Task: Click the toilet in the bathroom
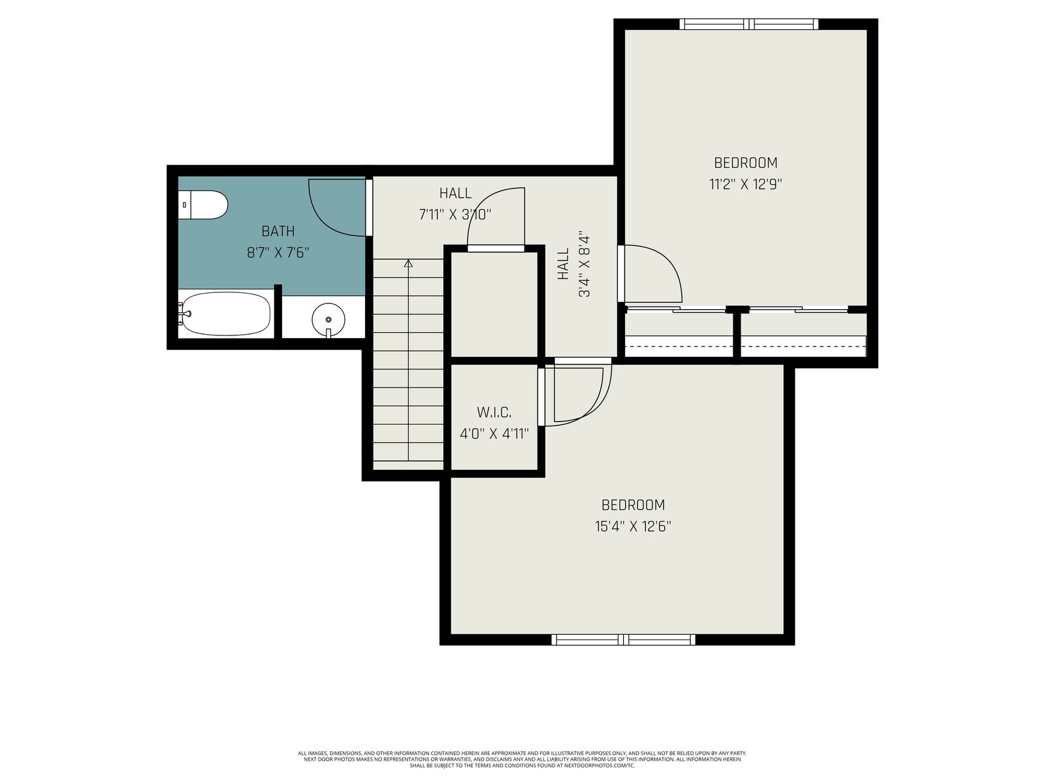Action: tap(203, 205)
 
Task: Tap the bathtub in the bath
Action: tap(226, 314)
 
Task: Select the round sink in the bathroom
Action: tap(328, 320)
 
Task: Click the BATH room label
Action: tap(278, 232)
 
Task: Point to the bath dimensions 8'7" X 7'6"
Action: tap(278, 253)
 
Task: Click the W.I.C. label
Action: tap(494, 412)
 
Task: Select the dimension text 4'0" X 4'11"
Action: tap(494, 433)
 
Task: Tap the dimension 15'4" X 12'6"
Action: tap(633, 527)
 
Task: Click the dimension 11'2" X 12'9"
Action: tap(746, 184)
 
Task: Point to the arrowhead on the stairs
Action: tap(408, 263)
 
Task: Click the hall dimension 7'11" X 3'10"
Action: tap(455, 215)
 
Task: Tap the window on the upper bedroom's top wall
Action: tap(749, 23)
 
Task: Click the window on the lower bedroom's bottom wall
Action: tap(623, 640)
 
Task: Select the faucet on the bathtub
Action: tap(185, 314)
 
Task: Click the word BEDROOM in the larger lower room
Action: tap(633, 504)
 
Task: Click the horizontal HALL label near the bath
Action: tap(456, 193)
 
